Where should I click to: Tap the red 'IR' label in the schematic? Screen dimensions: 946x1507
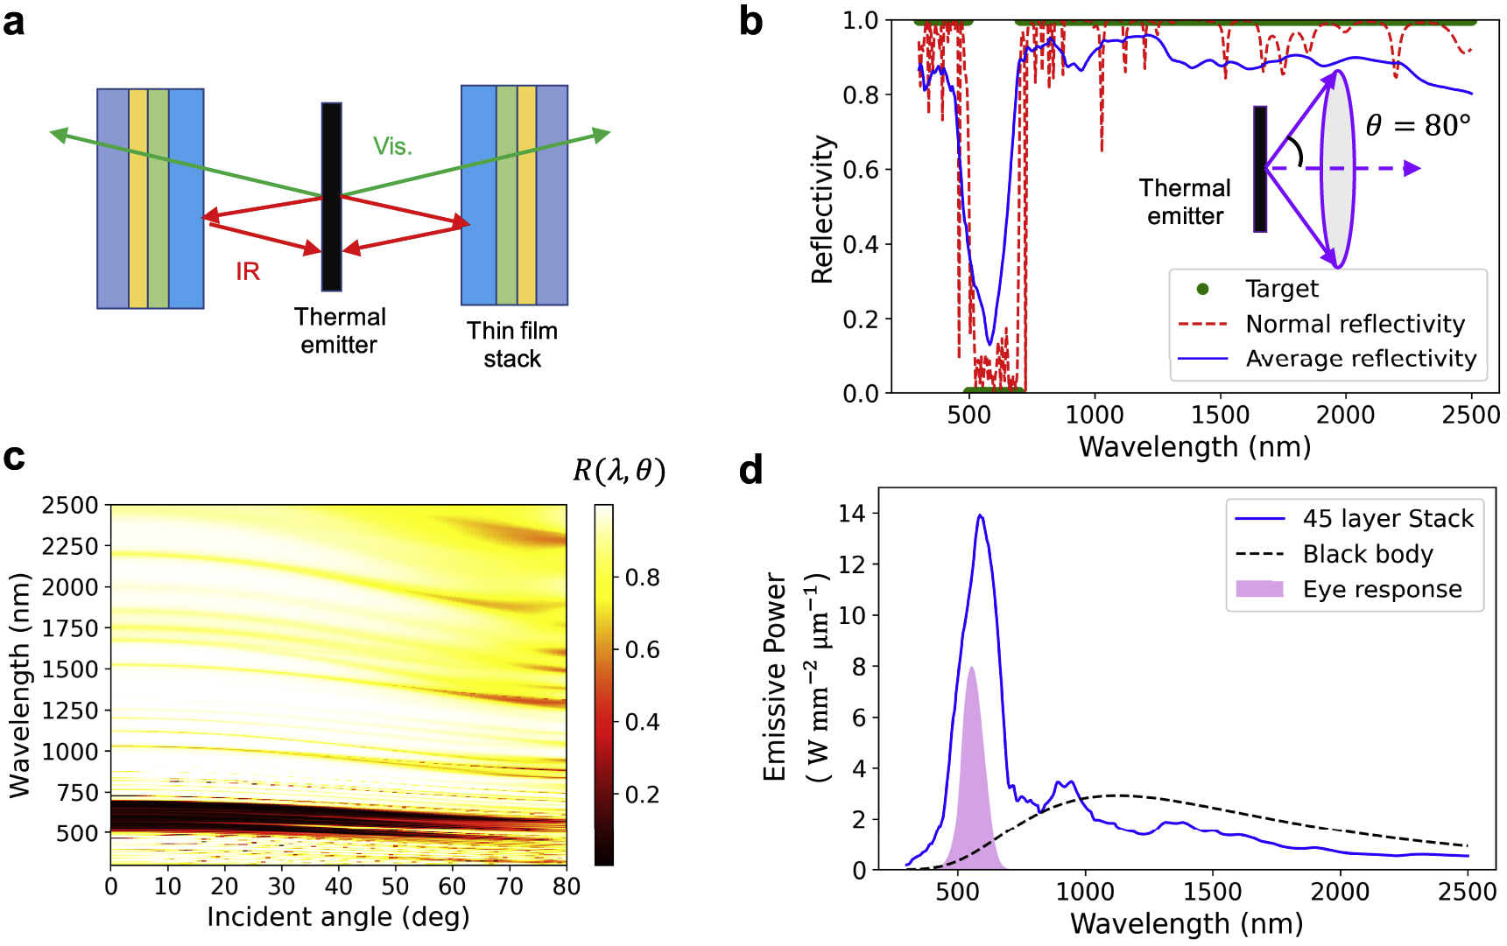tap(248, 271)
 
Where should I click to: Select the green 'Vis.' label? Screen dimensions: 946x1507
tap(392, 146)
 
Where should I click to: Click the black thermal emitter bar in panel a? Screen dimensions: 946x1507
tap(331, 197)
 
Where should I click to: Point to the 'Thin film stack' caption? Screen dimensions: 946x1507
tap(512, 344)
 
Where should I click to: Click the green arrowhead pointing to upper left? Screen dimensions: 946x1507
tap(59, 134)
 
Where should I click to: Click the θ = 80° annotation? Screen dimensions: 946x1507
tap(1418, 126)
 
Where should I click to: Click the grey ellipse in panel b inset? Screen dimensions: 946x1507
tap(1337, 169)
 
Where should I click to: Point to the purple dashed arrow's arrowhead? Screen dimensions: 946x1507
tap(1412, 168)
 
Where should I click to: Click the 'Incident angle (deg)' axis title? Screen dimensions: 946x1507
tap(338, 916)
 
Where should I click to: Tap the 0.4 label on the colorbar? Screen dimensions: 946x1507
tap(642, 722)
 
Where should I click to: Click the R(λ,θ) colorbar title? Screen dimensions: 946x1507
tap(619, 471)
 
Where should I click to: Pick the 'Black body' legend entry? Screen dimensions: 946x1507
tap(1367, 554)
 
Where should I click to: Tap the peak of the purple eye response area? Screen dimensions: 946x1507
tap(970, 668)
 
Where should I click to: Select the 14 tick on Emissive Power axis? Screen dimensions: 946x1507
tap(851, 514)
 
